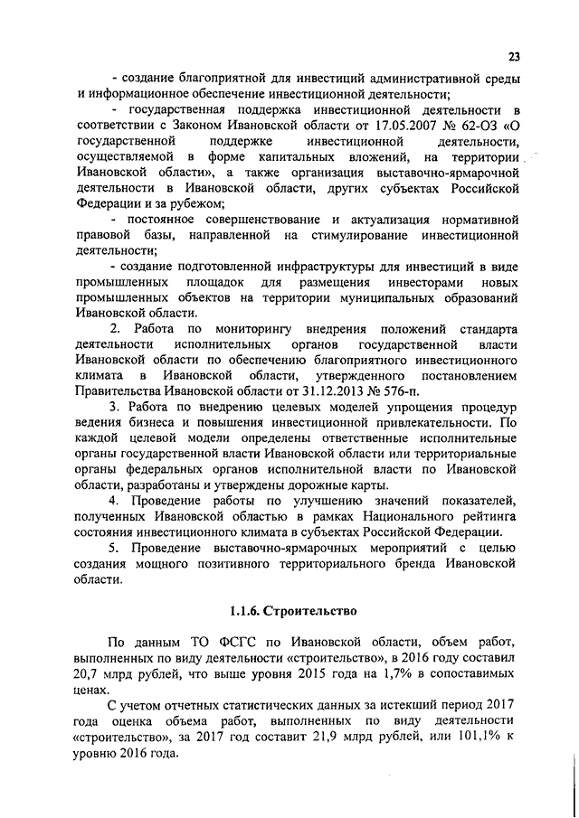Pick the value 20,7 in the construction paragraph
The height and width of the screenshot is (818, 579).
click(x=92, y=675)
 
